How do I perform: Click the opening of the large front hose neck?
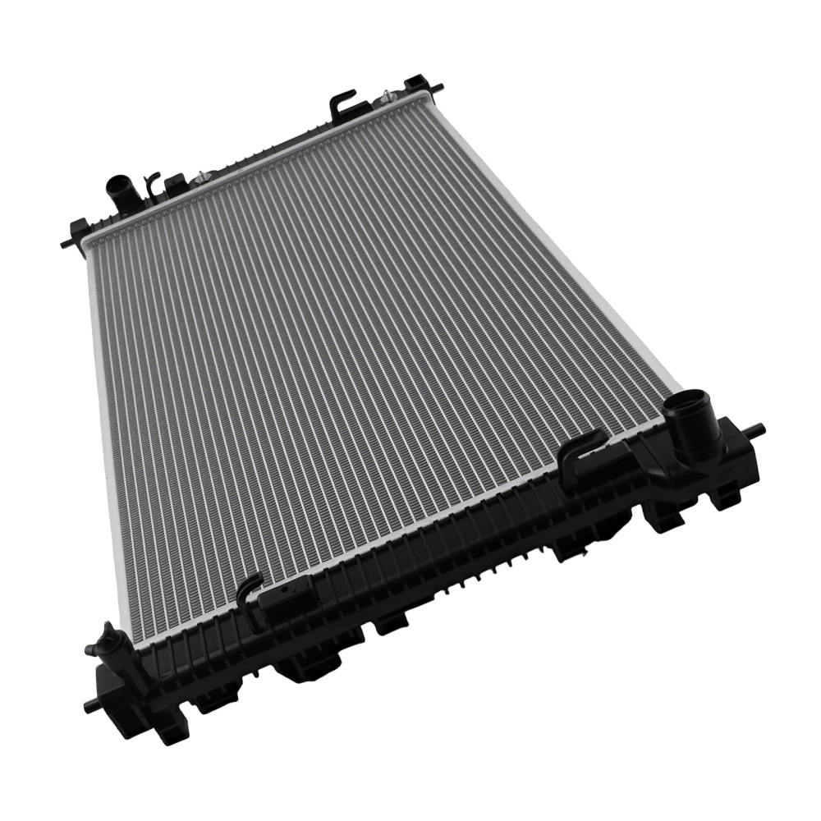684,403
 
